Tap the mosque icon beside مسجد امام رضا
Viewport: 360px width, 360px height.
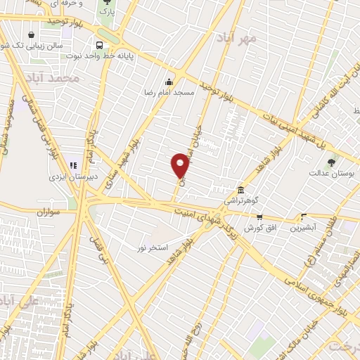tap(169, 80)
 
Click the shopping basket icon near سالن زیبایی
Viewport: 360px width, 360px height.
tap(32, 34)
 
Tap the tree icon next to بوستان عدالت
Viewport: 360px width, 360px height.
tap(331, 162)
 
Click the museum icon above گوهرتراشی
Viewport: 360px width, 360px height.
tap(240, 190)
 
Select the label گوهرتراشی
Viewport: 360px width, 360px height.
tap(241, 200)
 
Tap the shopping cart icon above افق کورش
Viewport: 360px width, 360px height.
tap(259, 217)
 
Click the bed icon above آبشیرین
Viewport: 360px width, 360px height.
tap(304, 217)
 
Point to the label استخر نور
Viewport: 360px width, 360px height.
tap(153, 247)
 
